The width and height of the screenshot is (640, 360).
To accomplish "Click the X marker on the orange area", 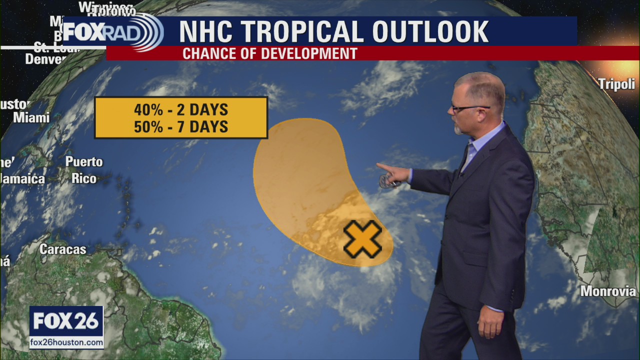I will (362, 239).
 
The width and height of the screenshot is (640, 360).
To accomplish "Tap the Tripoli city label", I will (616, 84).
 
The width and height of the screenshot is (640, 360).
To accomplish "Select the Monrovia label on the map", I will (608, 291).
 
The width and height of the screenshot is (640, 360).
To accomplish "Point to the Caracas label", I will (62, 249).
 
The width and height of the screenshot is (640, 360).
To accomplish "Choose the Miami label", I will (31, 117).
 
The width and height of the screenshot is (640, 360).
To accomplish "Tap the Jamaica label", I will (22, 178).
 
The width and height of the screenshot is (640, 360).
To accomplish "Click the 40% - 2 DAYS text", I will (180, 109).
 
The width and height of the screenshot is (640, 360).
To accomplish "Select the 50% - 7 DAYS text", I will (180, 126).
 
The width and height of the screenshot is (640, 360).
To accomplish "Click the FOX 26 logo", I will (66, 321).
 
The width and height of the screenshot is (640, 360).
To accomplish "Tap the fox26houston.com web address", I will (66, 343).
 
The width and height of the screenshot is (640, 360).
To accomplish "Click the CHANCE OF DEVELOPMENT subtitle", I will (269, 53).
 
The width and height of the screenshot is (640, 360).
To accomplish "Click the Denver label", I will (45, 59).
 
